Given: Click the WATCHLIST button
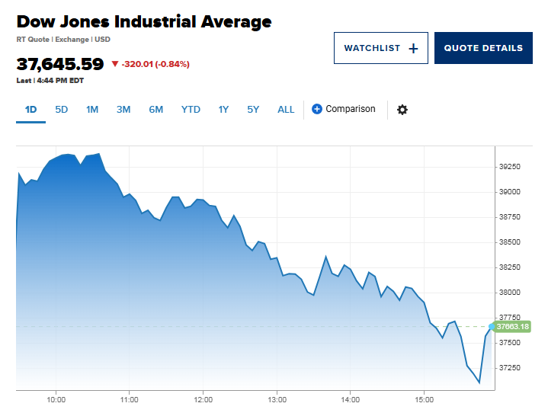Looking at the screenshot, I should pos(380,48).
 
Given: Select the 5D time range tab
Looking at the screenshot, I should pos(62,110).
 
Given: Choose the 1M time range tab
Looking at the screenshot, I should pos(92,110).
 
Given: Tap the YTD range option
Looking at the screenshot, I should pos(191,110).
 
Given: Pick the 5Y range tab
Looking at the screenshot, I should pos(253,110).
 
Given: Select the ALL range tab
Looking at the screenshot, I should pos(286,110).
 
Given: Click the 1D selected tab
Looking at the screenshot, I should pos(31,110).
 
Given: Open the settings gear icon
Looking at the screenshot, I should pos(402,110).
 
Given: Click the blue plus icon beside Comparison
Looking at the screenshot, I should pos(317,110).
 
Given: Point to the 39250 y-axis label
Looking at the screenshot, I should pos(510,167).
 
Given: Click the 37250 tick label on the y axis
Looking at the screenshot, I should pos(510,368).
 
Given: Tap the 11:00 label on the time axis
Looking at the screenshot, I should pos(130,399).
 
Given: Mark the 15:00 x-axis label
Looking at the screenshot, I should pos(425,399).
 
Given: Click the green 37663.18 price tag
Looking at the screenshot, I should pos(513,327).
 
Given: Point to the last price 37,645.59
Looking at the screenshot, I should pos(60,64).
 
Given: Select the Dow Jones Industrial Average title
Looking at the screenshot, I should pos(144,22).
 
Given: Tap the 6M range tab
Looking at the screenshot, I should pos(155,110).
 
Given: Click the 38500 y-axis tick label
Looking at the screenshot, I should pos(510,242).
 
